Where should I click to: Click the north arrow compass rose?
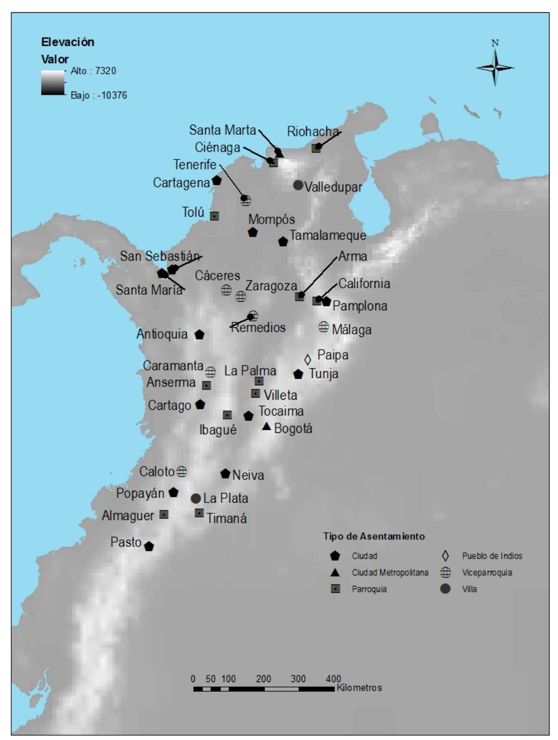(495, 67)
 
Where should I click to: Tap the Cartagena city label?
(181, 183)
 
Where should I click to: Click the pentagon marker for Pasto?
(149, 546)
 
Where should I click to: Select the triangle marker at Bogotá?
(266, 426)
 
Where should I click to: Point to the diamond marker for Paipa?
(308, 360)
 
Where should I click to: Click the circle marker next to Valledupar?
(298, 185)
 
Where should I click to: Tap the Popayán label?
(140, 493)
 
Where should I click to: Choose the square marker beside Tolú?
(215, 216)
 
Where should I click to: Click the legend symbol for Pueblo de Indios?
(445, 556)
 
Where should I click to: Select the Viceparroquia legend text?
(487, 573)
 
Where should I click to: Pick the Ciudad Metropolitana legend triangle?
(335, 573)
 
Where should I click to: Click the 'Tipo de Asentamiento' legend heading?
(373, 536)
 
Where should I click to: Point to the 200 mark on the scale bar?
(263, 679)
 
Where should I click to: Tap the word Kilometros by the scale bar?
(359, 688)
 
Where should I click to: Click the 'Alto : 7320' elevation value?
(93, 71)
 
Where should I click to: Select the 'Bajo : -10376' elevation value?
(98, 96)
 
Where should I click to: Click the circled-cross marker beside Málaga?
(324, 326)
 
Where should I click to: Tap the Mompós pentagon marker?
(253, 232)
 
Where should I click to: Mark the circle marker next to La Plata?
(196, 498)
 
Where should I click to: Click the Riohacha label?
(312, 132)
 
